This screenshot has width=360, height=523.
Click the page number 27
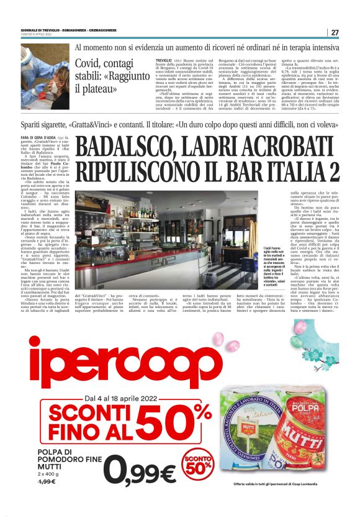335,32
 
